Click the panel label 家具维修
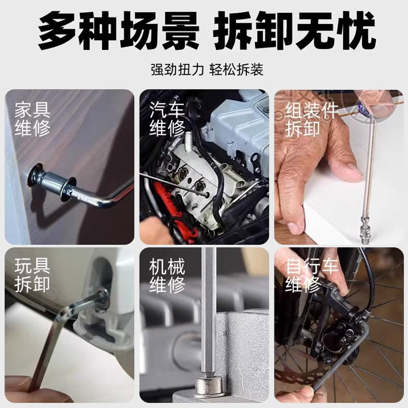32,119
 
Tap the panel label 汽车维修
167,119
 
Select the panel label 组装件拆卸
312,119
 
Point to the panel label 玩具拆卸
32,275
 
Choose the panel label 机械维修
167,275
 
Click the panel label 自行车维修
312,275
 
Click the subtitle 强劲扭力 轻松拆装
207,69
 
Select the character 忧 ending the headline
356,31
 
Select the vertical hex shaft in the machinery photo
209,312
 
